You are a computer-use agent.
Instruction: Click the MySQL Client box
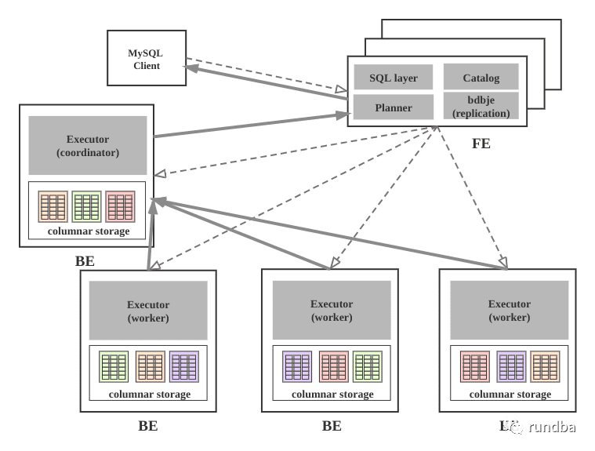tap(146, 58)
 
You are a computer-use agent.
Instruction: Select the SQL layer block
tap(393, 78)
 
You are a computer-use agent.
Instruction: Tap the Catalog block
tap(481, 78)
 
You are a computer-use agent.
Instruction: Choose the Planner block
tap(393, 107)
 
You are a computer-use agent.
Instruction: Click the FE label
tap(481, 144)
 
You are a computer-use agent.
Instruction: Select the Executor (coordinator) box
tap(88, 145)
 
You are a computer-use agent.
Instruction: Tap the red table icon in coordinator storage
tap(120, 206)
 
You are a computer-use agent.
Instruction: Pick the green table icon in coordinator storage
tap(86, 206)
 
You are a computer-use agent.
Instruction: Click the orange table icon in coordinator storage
tap(53, 206)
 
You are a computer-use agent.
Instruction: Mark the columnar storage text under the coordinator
tap(88, 231)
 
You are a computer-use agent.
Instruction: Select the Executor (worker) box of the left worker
tap(148, 311)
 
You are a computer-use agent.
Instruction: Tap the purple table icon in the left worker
tap(184, 366)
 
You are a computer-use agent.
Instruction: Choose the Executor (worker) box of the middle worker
tap(331, 310)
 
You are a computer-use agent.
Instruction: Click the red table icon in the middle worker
tap(333, 366)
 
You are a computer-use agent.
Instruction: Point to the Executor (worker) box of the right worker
tap(509, 310)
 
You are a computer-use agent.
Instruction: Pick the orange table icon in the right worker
tap(545, 366)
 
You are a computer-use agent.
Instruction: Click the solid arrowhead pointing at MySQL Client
tap(190, 68)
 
